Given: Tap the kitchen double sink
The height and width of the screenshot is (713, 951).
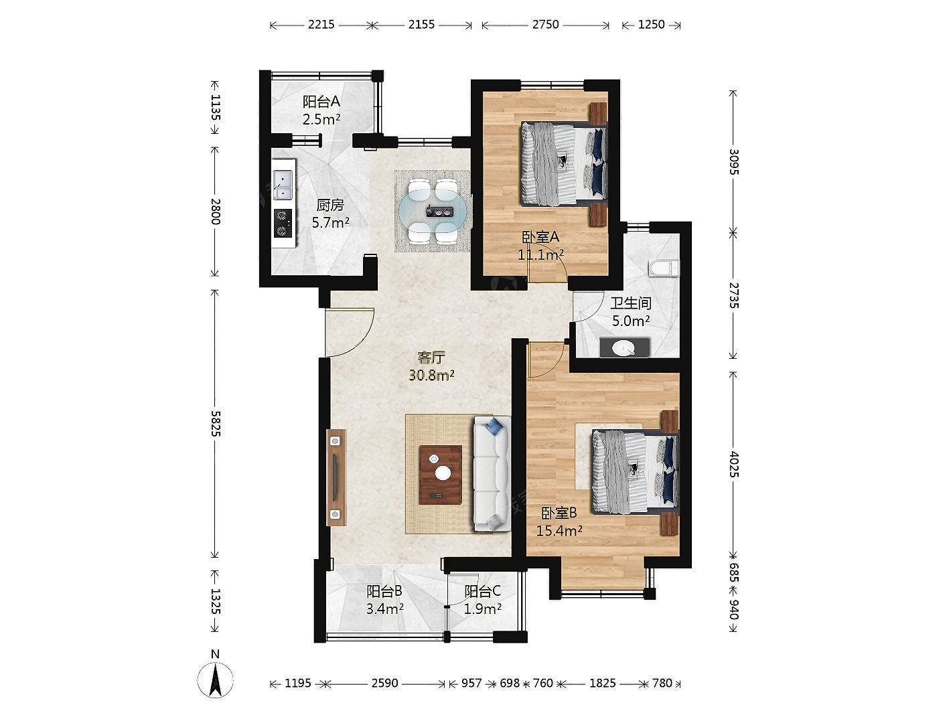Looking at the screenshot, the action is pyautogui.click(x=283, y=184).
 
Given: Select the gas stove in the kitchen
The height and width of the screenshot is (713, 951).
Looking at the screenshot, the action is pyautogui.click(x=283, y=223).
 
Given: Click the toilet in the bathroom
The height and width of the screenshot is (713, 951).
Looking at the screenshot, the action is pyautogui.click(x=664, y=268).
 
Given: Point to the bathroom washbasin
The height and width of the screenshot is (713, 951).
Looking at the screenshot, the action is pyautogui.click(x=624, y=347).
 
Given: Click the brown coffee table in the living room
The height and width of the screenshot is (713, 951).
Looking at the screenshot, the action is pyautogui.click(x=440, y=475).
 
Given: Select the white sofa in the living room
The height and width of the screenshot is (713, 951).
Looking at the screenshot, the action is pyautogui.click(x=492, y=473).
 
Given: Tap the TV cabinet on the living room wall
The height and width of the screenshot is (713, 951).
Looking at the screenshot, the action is pyautogui.click(x=336, y=477).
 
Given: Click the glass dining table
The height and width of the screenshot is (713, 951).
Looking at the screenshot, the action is pyautogui.click(x=433, y=212).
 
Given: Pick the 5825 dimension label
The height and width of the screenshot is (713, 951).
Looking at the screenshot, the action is pyautogui.click(x=216, y=423).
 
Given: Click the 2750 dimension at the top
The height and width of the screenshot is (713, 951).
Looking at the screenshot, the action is pyautogui.click(x=545, y=25).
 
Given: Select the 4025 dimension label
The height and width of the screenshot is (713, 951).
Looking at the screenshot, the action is pyautogui.click(x=733, y=464).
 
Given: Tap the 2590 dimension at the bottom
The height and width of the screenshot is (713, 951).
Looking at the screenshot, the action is pyautogui.click(x=384, y=683).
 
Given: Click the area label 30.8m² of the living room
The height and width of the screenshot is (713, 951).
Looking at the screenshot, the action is pyautogui.click(x=431, y=375).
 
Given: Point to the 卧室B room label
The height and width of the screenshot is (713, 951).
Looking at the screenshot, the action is pyautogui.click(x=559, y=513).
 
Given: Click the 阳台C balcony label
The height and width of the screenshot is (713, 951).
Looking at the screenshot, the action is pyautogui.click(x=483, y=591).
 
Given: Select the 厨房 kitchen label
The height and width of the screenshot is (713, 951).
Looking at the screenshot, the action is pyautogui.click(x=330, y=205).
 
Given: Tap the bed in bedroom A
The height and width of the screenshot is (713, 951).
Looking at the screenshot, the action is pyautogui.click(x=563, y=164).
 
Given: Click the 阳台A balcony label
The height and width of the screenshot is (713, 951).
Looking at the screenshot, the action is pyautogui.click(x=321, y=102).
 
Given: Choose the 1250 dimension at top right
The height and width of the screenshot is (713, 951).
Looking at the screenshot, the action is pyautogui.click(x=651, y=25).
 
